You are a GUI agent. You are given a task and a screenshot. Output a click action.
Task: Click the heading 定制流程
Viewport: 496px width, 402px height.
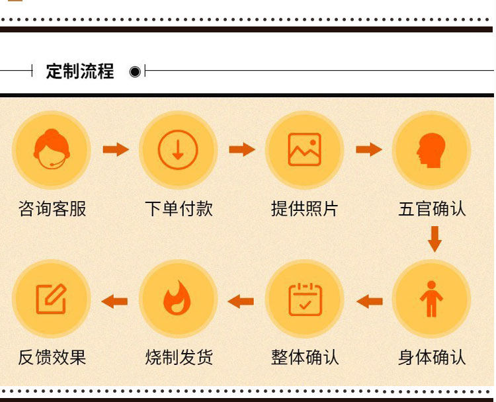[x=80, y=71]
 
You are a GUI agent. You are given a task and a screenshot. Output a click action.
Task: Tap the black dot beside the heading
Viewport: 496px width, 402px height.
[x=135, y=71]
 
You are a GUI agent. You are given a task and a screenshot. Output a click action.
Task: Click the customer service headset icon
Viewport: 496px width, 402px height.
[x=52, y=150]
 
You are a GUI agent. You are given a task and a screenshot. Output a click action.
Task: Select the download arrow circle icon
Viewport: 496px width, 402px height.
[x=178, y=150]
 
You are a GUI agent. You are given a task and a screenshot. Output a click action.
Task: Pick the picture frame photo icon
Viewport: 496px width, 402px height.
[x=304, y=150]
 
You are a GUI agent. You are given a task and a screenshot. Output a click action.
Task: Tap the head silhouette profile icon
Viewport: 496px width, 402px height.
[x=431, y=150]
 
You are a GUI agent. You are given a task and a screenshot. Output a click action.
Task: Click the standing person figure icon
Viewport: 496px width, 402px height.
[x=431, y=299]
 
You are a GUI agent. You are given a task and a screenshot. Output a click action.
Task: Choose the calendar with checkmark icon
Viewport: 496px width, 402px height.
[x=304, y=299]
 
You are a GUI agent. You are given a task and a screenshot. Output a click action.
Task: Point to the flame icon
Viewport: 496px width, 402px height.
[x=177, y=299]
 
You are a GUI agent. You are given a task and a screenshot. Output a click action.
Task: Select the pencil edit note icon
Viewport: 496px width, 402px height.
[x=51, y=299]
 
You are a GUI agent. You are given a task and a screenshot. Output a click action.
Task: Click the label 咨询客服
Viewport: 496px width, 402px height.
[x=52, y=209]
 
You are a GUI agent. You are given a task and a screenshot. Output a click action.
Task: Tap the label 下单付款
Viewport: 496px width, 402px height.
[x=179, y=209]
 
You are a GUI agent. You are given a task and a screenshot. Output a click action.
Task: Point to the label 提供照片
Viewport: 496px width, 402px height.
[x=304, y=209]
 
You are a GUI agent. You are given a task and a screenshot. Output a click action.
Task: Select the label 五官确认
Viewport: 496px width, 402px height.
[x=432, y=209]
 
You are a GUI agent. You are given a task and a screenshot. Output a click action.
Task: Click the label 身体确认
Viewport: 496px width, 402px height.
[x=432, y=358]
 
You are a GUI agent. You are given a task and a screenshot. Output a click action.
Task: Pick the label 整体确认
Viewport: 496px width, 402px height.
[x=305, y=358]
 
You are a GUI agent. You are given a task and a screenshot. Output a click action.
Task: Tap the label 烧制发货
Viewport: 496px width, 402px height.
[x=179, y=358]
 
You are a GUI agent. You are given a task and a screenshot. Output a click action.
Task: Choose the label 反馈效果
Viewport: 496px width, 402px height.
[x=52, y=358]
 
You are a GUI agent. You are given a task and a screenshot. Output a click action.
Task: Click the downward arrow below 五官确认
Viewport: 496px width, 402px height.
[x=434, y=239]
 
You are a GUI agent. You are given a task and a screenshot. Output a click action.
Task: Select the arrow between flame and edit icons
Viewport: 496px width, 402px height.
[x=114, y=301]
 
